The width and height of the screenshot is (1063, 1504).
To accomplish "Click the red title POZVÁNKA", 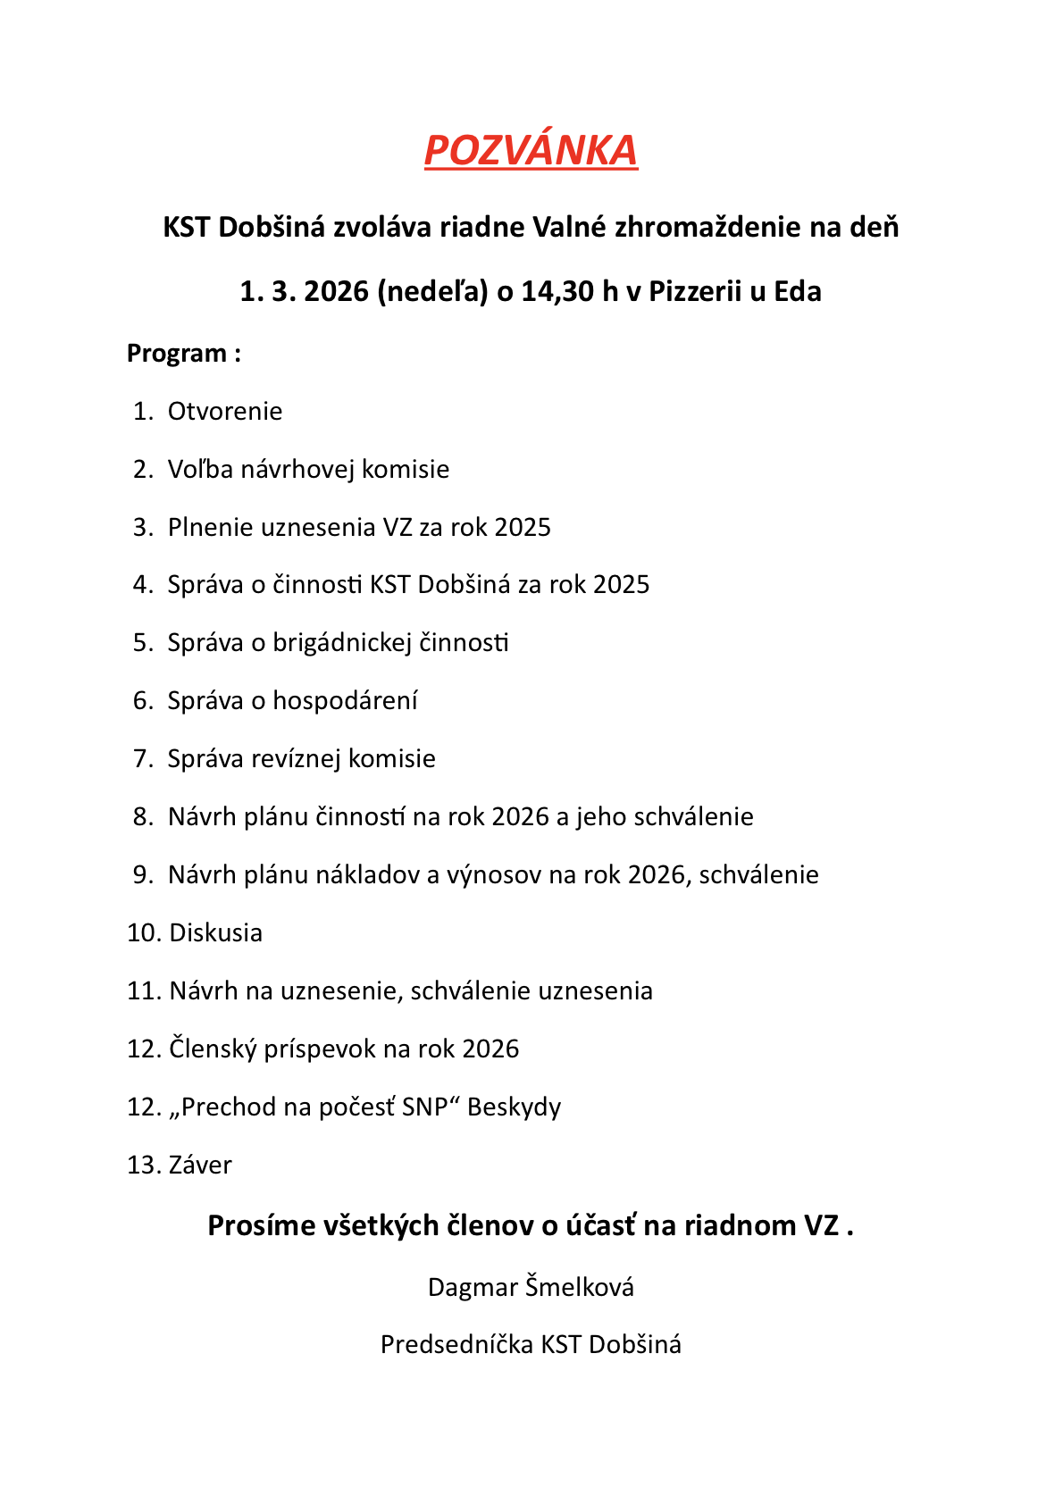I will coord(531,150).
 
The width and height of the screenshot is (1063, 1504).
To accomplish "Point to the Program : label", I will coord(184,354).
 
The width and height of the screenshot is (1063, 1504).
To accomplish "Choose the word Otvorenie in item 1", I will coord(225,412).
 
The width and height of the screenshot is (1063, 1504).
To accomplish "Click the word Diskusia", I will coord(216,933).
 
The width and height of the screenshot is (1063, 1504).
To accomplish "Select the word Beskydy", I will coord(514,1107).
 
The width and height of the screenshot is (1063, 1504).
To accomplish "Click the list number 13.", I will coord(143,1166).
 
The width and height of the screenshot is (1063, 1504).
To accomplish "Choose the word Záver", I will coord(200,1166).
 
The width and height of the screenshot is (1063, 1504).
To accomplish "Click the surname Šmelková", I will coord(580,1288).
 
